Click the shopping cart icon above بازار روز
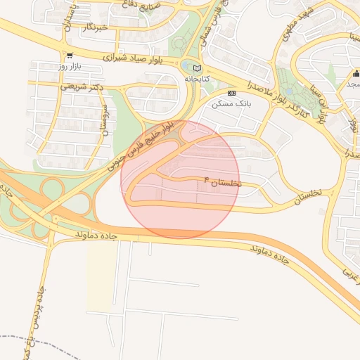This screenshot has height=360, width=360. click(x=68, y=55)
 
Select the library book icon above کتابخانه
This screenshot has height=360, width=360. click(x=197, y=67)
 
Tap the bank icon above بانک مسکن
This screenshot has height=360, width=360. click(x=231, y=93)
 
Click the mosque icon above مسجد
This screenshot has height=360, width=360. click(x=356, y=73)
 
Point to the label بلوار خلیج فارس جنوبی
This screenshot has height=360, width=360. click(x=140, y=148)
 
